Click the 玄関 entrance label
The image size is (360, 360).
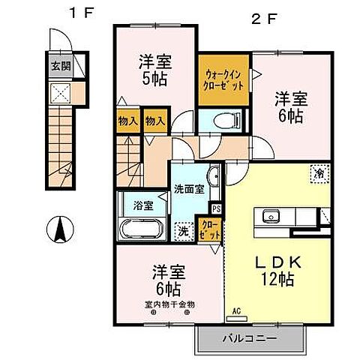(60, 65)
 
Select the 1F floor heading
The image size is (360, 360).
(80, 13)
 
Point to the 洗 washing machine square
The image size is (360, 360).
(181, 231)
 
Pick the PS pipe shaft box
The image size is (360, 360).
(217, 209)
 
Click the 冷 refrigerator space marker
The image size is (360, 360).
(318, 173)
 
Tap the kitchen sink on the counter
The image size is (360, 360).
(271, 217)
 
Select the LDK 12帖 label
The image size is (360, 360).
(276, 271)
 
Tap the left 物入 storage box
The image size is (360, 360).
(127, 121)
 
